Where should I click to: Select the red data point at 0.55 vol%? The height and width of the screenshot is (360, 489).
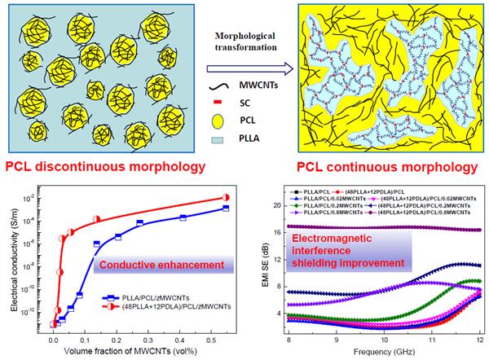click(x=225, y=198)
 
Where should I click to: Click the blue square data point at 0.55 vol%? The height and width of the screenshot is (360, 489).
click(x=225, y=209)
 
